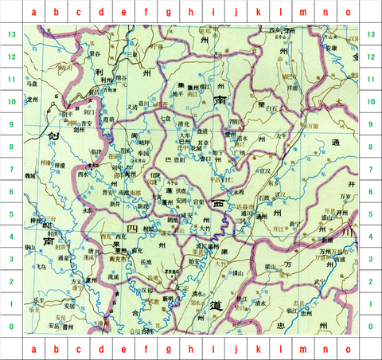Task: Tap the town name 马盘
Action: (x=32, y=83)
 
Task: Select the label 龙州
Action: (x=32, y=100)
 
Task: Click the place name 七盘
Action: (x=166, y=118)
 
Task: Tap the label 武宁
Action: (x=322, y=280)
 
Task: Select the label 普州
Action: (x=69, y=325)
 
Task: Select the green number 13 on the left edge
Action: (x=10, y=35)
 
